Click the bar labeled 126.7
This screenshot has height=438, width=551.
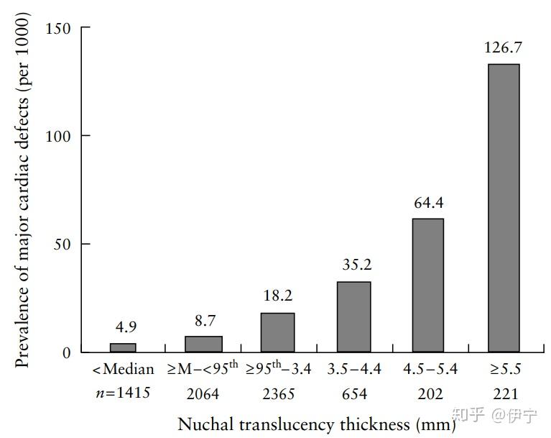coord(503,208)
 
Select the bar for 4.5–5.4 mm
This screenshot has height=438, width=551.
coord(427,285)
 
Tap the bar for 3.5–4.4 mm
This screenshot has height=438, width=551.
coord(353,316)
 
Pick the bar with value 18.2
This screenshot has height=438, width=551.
coord(277,332)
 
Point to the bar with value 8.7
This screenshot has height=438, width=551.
coord(203,344)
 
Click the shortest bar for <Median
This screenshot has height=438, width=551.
coord(123,347)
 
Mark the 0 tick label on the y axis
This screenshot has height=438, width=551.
coord(66,352)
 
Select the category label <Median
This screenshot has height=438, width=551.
coord(123,370)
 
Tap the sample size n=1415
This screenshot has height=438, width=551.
coord(123,393)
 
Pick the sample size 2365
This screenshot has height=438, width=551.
coord(277,393)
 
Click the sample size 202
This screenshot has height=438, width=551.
coord(428,393)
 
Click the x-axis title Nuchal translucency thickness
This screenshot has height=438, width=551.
coord(316,424)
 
